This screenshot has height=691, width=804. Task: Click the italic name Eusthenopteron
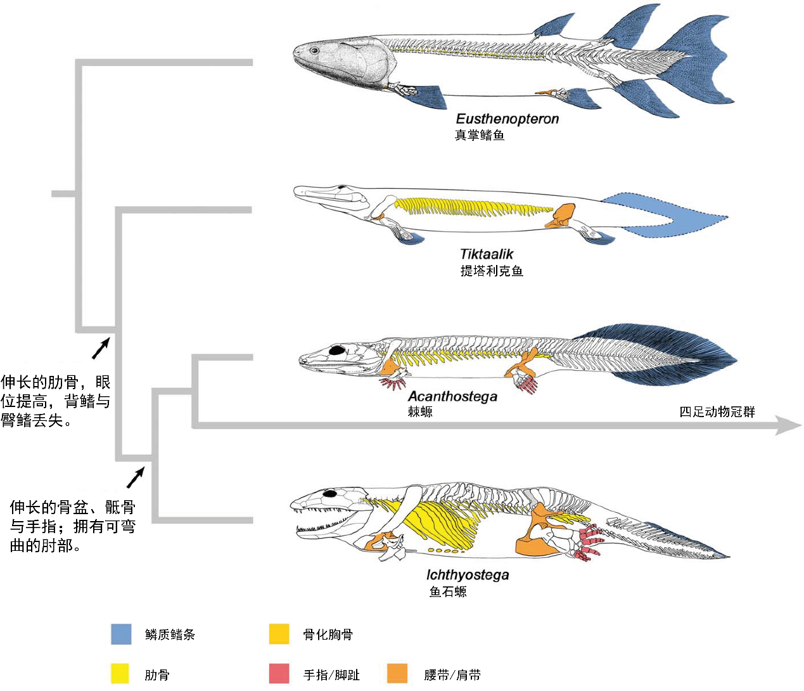pyautogui.click(x=507, y=119)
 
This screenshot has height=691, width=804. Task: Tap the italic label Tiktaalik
pyautogui.click(x=487, y=254)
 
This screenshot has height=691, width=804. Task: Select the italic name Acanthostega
pyautogui.click(x=452, y=396)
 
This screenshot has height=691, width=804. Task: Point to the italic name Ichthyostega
pyautogui.click(x=468, y=575)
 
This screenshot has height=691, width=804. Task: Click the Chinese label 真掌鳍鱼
pyautogui.click(x=480, y=135)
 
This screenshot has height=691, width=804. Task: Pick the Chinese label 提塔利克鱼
pyautogui.click(x=492, y=271)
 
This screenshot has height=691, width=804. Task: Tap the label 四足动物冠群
pyautogui.click(x=717, y=412)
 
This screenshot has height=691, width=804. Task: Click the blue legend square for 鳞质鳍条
pyautogui.click(x=121, y=634)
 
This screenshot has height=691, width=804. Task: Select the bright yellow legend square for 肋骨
pyautogui.click(x=120, y=673)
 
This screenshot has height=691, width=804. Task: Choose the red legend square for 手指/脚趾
pyautogui.click(x=279, y=673)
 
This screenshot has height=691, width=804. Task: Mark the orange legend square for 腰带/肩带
pyautogui.click(x=397, y=673)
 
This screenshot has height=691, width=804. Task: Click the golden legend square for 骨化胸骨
pyautogui.click(x=279, y=634)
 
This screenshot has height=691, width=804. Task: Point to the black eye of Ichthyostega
pyautogui.click(x=329, y=493)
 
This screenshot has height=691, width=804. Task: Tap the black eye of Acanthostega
pyautogui.click(x=337, y=350)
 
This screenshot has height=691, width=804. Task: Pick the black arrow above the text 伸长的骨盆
pyautogui.click(x=136, y=477)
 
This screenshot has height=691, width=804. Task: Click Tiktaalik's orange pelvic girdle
pyautogui.click(x=561, y=216)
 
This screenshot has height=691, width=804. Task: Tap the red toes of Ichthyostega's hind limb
pyautogui.click(x=589, y=542)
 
